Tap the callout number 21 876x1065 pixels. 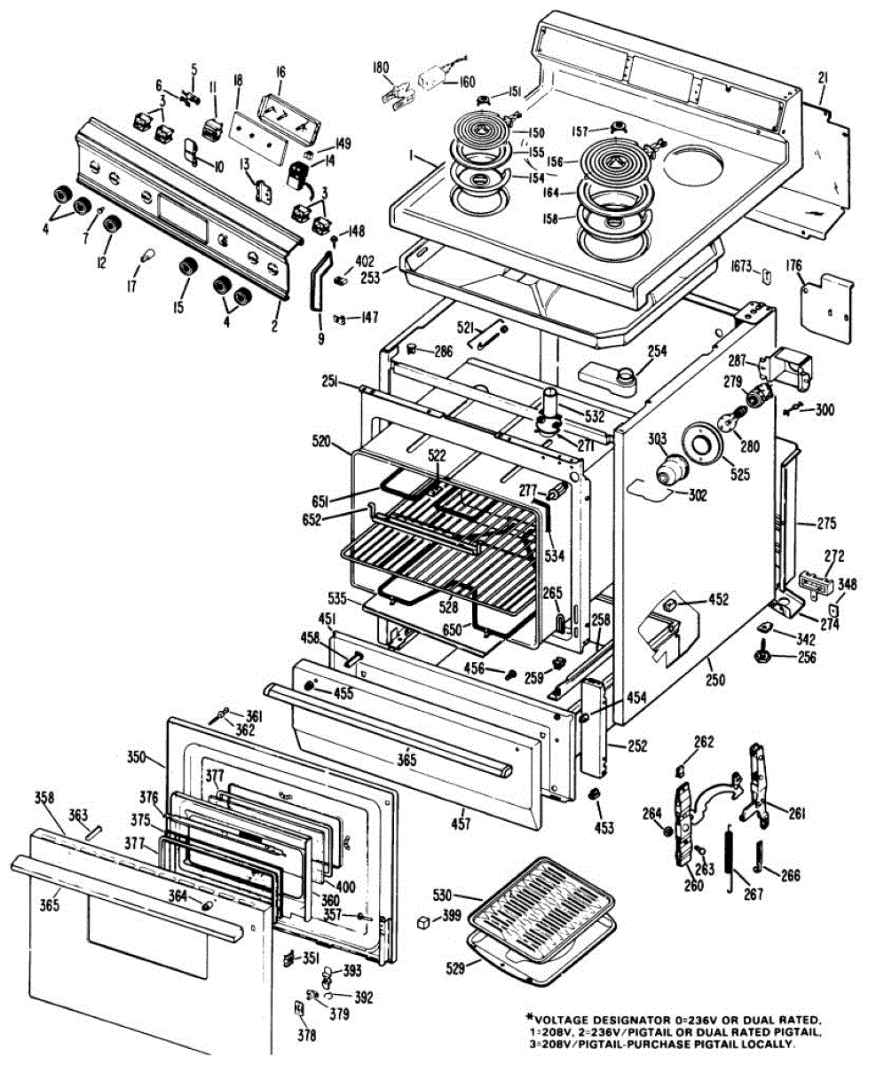823,80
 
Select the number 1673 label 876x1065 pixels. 742,266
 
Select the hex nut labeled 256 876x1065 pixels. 762,657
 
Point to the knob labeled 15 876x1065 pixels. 185,268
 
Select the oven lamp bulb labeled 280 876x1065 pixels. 737,416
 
